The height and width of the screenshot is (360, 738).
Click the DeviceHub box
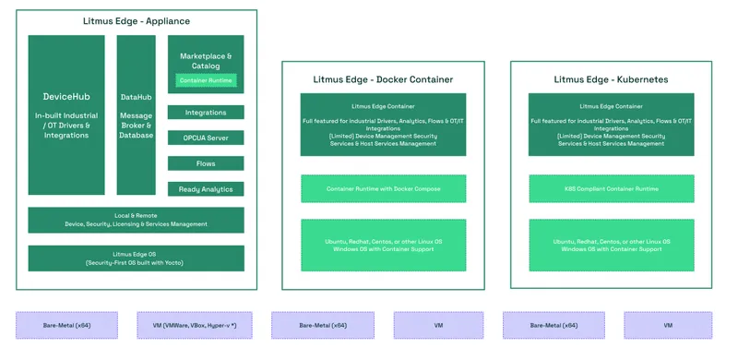coord(66,114)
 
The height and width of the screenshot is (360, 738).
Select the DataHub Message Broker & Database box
coord(137,114)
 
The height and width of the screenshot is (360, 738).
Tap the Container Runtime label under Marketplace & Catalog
coord(207,81)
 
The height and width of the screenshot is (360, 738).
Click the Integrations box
coord(206,113)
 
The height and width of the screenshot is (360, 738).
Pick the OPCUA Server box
coord(206,138)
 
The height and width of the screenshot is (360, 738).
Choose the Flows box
coord(206,163)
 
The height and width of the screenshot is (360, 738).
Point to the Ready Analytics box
coord(206,189)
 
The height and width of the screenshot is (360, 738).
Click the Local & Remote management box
coord(136,220)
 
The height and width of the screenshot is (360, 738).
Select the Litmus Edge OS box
coord(136,258)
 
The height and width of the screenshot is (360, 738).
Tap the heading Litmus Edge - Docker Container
coord(383,79)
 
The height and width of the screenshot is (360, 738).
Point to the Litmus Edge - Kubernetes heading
coord(612,79)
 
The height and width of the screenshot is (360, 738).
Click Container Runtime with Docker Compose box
coord(383,189)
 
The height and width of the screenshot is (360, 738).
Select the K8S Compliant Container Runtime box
coord(612,189)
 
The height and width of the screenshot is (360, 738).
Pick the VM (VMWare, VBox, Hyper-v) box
coord(194,325)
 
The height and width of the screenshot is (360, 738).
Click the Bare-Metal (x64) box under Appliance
coord(66,325)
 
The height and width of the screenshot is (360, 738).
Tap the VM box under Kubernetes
coord(668,325)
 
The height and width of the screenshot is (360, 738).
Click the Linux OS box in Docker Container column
coord(383,245)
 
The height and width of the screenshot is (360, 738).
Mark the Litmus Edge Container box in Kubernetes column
coord(612,124)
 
